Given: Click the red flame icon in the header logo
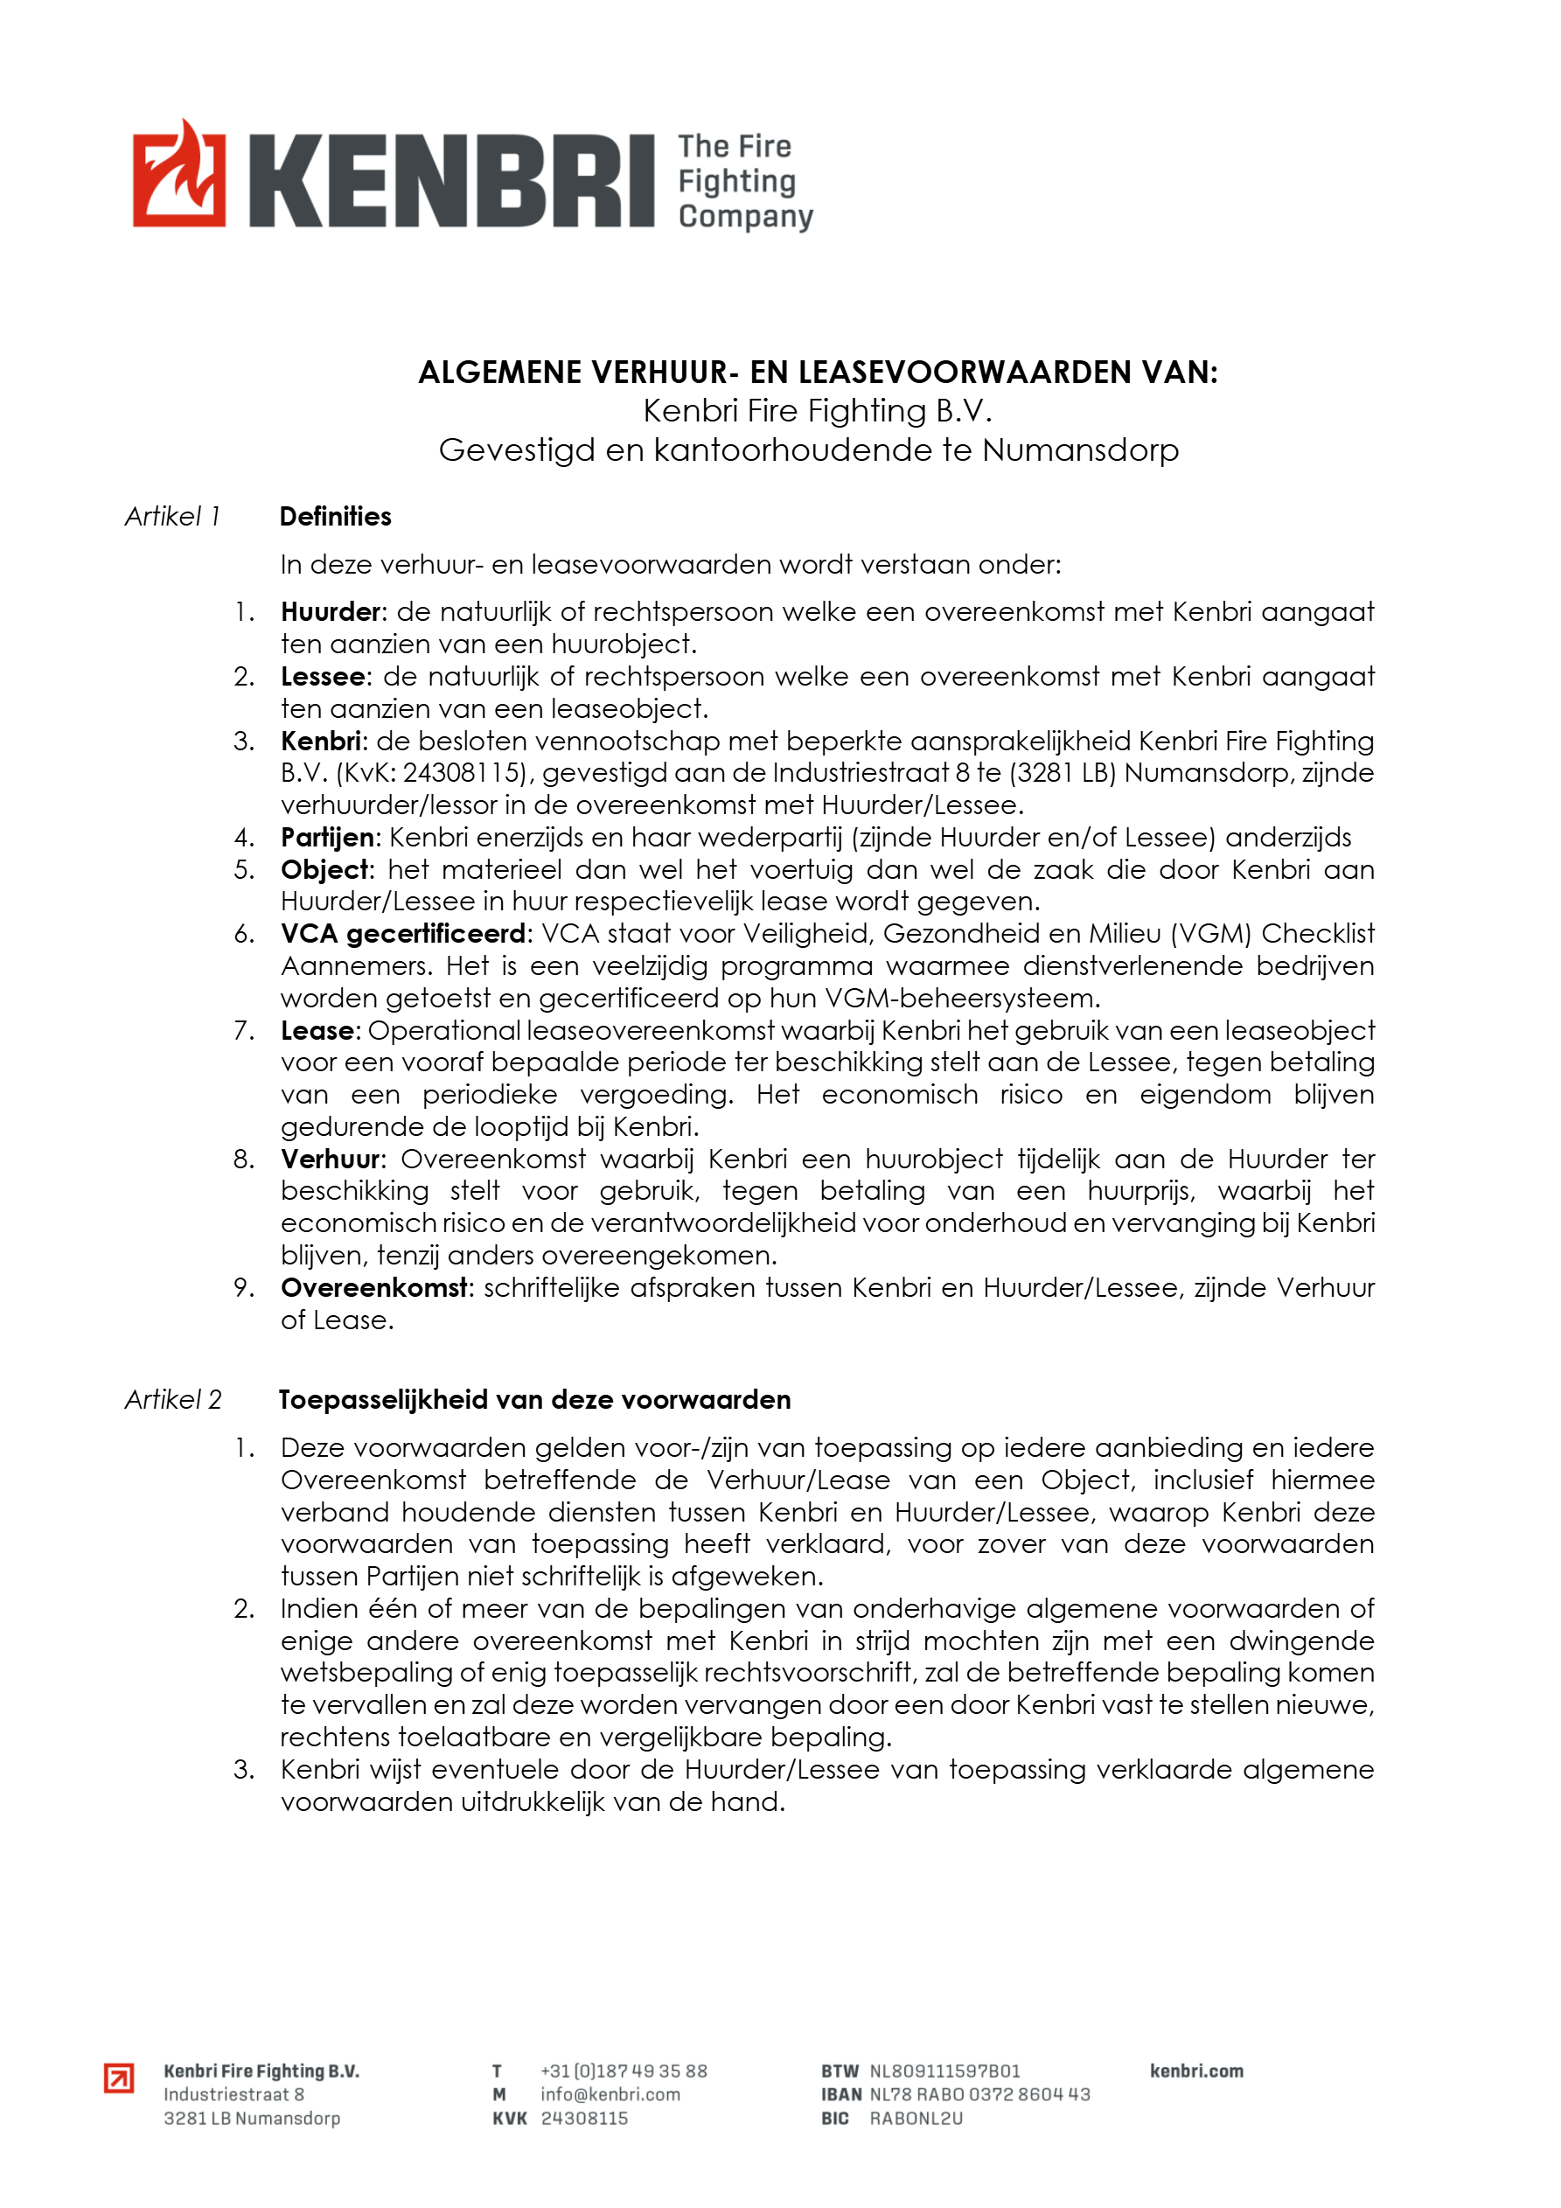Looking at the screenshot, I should pyautogui.click(x=179, y=174).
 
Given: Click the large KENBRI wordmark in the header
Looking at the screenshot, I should pyautogui.click(x=451, y=181).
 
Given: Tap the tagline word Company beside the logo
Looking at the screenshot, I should pyautogui.click(x=745, y=216).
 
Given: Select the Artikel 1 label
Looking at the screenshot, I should pyautogui.click(x=173, y=517).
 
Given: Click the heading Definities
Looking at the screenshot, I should pyautogui.click(x=336, y=517).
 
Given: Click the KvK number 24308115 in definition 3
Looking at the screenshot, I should pyautogui.click(x=465, y=773).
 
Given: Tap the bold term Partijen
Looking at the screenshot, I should pyautogui.click(x=326, y=838).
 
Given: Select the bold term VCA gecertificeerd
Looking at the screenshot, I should pyautogui.click(x=404, y=934).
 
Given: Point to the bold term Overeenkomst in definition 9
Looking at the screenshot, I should pyautogui.click(x=374, y=1288).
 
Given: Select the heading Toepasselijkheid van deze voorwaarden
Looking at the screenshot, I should pyautogui.click(x=534, y=1399).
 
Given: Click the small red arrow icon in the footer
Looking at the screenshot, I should pyautogui.click(x=119, y=2079).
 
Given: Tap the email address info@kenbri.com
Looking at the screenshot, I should pyautogui.click(x=610, y=2093).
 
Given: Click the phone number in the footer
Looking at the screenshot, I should pyautogui.click(x=624, y=2071).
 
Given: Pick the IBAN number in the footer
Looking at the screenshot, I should pyautogui.click(x=979, y=2093).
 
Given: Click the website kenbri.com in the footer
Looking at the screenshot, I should pyautogui.click(x=1195, y=2071).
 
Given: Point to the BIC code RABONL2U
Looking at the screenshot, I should pyautogui.click(x=916, y=2118).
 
